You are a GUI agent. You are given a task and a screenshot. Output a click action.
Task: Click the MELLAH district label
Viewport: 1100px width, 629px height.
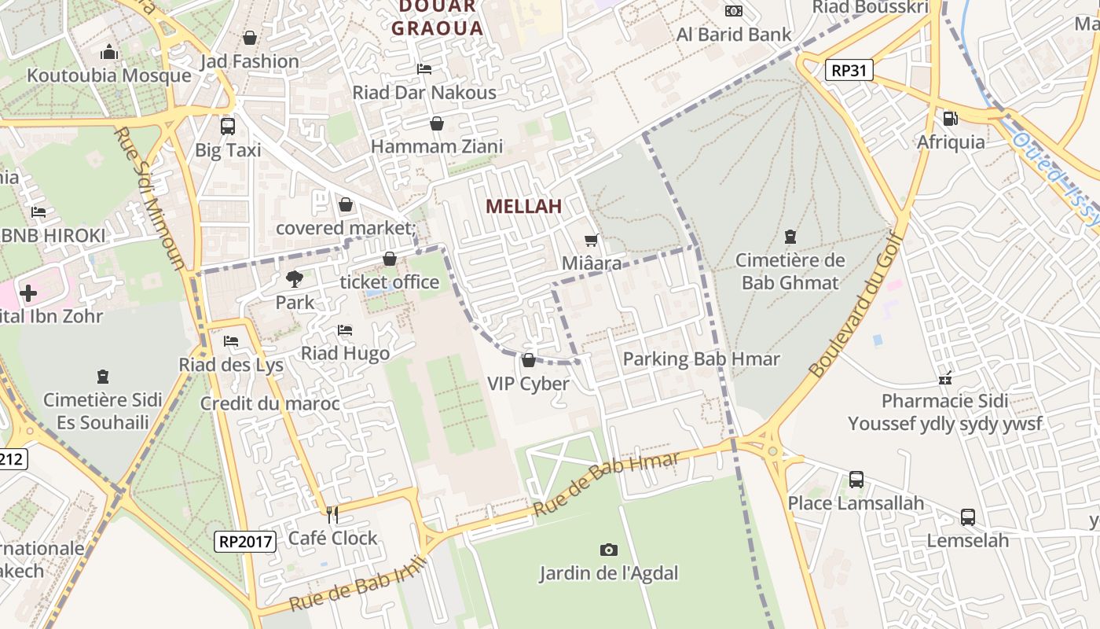(524, 207)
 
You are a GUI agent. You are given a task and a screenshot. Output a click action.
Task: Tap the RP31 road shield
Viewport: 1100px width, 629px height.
(849, 71)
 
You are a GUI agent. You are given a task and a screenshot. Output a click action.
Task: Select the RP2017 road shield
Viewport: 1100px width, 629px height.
(245, 541)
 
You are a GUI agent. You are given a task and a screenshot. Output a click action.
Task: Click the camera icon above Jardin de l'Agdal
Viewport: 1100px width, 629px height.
(608, 550)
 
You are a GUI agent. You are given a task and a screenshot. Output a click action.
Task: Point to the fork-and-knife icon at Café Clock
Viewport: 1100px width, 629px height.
(332, 515)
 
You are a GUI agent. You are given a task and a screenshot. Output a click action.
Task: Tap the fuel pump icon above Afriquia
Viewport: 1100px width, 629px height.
(950, 119)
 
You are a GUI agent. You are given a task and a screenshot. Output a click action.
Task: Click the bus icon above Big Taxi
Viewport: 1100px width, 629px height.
(228, 126)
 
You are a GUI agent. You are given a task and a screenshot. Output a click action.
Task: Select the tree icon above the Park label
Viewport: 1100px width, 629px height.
(295, 278)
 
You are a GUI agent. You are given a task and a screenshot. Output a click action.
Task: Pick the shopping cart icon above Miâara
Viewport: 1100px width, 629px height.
(592, 240)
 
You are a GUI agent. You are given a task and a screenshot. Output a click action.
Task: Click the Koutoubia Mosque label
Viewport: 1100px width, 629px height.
(109, 75)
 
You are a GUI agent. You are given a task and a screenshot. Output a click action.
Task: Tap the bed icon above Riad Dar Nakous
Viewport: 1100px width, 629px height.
(424, 69)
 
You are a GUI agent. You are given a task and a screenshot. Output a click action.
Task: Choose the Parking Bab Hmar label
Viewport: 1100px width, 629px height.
(701, 359)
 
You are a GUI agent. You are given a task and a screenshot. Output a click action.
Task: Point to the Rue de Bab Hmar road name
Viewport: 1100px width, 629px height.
(606, 484)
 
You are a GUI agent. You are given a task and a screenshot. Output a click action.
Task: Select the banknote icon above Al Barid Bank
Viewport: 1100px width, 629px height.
(734, 11)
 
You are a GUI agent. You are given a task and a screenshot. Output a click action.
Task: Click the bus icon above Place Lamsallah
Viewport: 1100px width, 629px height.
(856, 480)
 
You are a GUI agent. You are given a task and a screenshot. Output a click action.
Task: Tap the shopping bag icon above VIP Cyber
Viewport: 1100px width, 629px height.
(529, 361)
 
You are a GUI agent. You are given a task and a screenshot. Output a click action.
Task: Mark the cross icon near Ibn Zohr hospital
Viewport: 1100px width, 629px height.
(28, 294)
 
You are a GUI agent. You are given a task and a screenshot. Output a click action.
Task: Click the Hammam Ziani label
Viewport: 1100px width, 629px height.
(437, 146)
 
